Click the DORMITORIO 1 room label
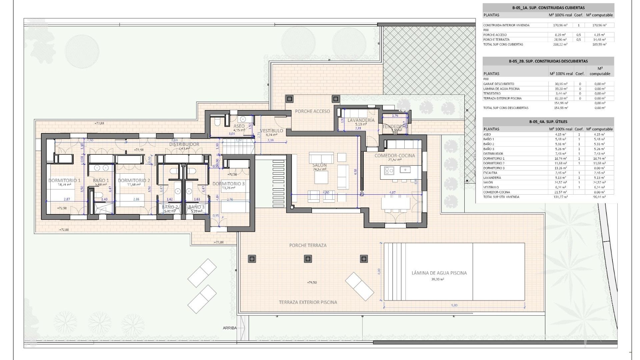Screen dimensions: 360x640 [64, 180]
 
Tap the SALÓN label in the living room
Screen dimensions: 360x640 [319, 165]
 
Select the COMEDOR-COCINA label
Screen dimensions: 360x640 [395, 156]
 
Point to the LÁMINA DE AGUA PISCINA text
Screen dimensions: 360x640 [439, 273]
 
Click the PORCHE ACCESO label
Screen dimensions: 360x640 [312, 111]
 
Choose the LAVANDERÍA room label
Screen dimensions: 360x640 [361, 120]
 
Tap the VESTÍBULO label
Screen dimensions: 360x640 [272, 130]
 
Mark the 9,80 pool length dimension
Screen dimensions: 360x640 [454, 305]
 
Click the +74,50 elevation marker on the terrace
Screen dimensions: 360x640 [312, 282]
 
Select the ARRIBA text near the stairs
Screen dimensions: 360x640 [230, 328]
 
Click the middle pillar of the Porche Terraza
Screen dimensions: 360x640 [308, 259]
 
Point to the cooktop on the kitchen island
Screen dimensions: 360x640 [389, 171]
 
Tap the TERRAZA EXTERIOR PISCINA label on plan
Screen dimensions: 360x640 [308, 302]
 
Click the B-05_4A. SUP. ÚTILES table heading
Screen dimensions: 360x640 [548, 122]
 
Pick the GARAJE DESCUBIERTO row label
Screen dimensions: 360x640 [499, 84]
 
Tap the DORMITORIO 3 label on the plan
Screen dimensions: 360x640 [228, 184]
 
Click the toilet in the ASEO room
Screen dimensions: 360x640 [217, 122]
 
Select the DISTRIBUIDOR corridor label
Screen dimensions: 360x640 [184, 144]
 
